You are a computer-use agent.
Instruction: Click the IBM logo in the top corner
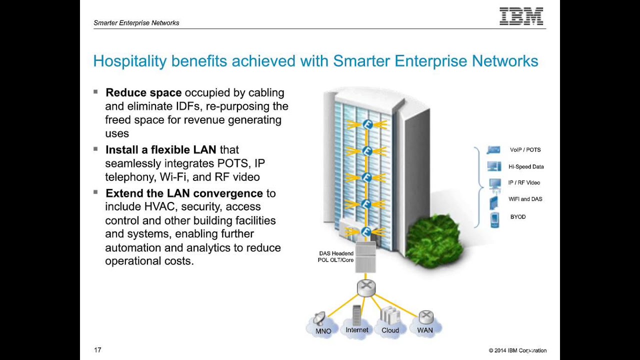pyautogui.click(x=521, y=16)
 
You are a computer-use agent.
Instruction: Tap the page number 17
pyautogui.click(x=97, y=350)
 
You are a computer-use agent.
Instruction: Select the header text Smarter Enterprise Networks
pyautogui.click(x=136, y=23)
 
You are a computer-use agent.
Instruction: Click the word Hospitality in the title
pyautogui.click(x=129, y=61)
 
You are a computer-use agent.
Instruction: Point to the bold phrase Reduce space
pyautogui.click(x=143, y=92)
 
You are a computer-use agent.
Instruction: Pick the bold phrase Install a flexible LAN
pyautogui.click(x=160, y=149)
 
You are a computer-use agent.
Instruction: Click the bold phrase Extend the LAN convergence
pyautogui.click(x=184, y=193)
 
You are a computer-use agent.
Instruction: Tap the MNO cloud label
pyautogui.click(x=323, y=331)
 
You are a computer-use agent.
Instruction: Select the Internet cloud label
pyautogui.click(x=356, y=330)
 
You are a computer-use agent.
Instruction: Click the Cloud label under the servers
pyautogui.click(x=390, y=330)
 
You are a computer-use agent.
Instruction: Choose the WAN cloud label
pyautogui.click(x=425, y=330)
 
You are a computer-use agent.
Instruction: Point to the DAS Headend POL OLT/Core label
pyautogui.click(x=336, y=257)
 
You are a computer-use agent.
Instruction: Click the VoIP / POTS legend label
pyautogui.click(x=525, y=150)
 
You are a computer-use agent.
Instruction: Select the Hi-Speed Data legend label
pyautogui.click(x=526, y=167)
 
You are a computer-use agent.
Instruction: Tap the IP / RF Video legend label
pyautogui.click(x=524, y=183)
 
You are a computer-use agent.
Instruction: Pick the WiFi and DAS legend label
pyautogui.click(x=525, y=199)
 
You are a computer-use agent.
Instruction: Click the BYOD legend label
pyautogui.click(x=518, y=217)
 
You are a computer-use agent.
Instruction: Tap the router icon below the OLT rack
pyautogui.click(x=366, y=287)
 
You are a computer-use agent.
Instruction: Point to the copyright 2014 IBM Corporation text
pyautogui.click(x=517, y=350)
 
